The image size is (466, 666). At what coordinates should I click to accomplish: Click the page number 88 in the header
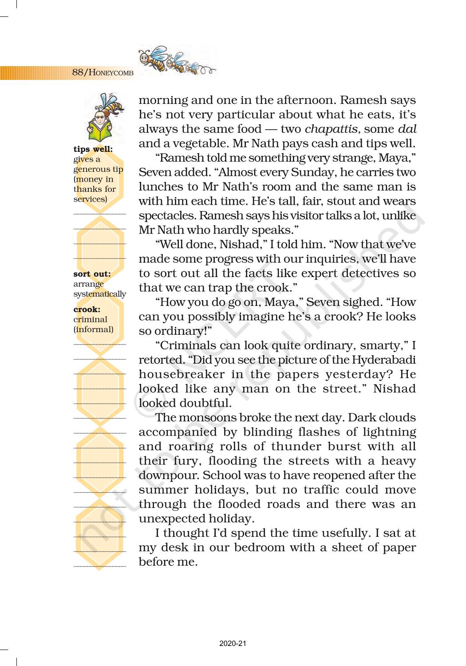coord(78,72)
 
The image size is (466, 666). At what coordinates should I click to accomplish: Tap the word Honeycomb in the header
coord(111,73)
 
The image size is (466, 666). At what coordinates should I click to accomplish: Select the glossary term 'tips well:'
coord(93,149)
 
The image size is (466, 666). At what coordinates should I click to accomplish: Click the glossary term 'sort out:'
coord(92,274)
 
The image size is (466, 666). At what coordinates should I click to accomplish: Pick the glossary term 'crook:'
coord(87,309)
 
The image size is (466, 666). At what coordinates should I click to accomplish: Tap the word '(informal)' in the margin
coord(93,329)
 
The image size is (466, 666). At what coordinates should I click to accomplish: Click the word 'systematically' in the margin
coord(99,294)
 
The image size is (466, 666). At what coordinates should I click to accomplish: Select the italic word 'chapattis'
coord(331,129)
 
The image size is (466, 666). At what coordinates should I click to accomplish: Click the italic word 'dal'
coord(407,129)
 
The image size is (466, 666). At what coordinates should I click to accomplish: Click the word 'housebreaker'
coord(182,374)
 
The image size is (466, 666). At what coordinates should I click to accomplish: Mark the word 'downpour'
coord(169,476)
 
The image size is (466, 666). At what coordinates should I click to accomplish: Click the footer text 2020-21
coord(233,643)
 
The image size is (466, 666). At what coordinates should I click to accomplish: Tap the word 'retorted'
coord(161,360)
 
